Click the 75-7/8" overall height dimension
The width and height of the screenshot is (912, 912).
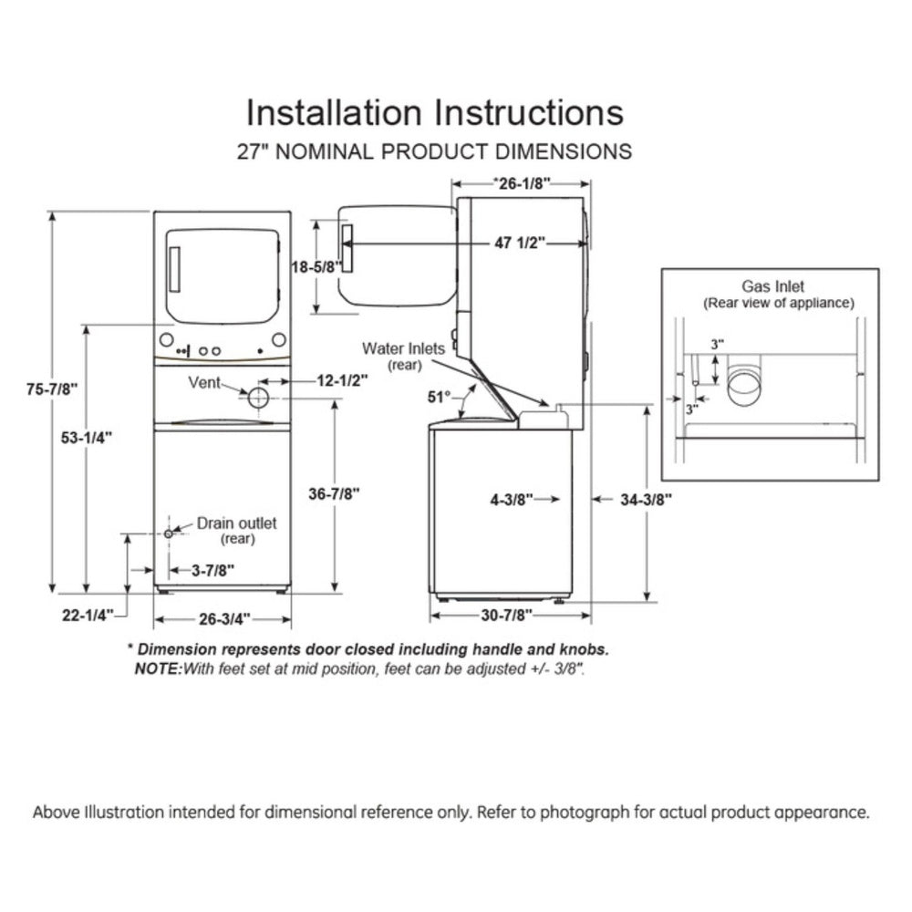click(52, 389)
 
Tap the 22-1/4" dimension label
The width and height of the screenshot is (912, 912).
click(87, 615)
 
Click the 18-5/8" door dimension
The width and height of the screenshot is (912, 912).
click(315, 266)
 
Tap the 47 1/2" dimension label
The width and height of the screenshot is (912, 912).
click(520, 243)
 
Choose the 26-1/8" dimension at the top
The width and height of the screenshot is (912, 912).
click(521, 182)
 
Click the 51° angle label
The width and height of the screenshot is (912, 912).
click(440, 397)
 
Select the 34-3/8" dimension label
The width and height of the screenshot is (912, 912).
click(644, 499)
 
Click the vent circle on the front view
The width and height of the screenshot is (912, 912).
click(258, 398)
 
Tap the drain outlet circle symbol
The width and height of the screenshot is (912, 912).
click(169, 534)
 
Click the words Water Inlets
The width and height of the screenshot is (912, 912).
click(403, 347)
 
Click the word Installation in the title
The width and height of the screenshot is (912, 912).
click(334, 112)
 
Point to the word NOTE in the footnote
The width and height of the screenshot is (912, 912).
click(157, 668)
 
